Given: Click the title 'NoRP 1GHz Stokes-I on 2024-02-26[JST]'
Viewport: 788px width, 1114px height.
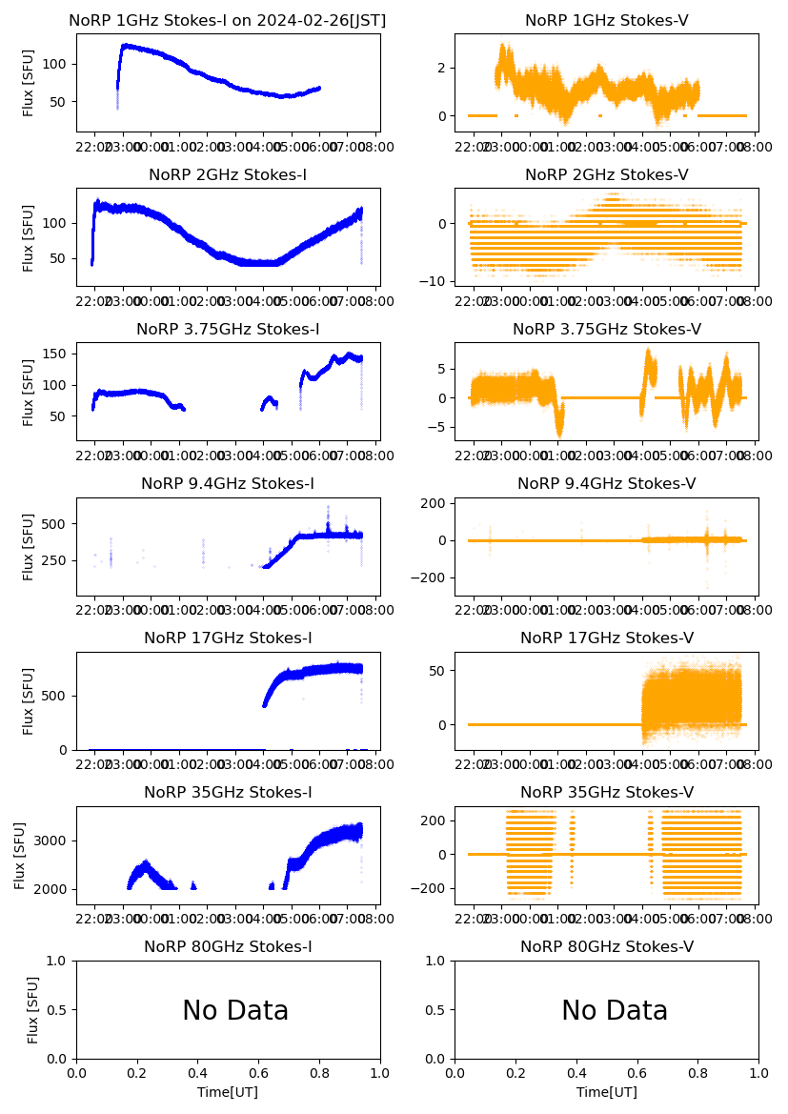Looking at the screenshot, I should [228, 21].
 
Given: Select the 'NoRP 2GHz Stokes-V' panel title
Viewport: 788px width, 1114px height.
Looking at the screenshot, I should [607, 175].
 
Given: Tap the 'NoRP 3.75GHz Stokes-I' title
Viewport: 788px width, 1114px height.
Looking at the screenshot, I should [228, 330].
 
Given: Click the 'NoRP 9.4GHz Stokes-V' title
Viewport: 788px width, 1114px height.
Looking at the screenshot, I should [607, 484].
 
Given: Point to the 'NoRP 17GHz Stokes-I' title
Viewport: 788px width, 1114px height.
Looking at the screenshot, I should [228, 638].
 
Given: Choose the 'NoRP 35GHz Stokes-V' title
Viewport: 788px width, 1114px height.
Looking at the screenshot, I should [607, 793].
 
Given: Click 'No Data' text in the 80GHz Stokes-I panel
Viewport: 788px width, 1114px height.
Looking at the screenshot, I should [235, 1011].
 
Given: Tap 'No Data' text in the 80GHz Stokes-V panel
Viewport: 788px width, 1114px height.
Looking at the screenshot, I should [615, 1011].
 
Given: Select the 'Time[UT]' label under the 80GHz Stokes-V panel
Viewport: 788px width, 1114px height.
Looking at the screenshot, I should [607, 1092].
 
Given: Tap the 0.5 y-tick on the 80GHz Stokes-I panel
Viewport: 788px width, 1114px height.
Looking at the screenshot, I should [60, 1010].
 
